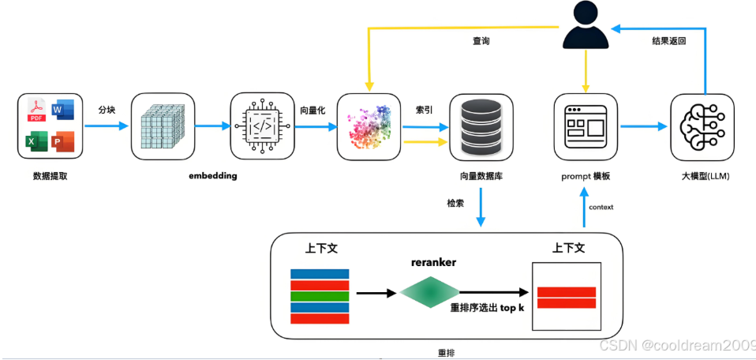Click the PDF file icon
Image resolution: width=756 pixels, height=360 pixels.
click(36, 110)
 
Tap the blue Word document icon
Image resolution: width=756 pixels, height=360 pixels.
click(63, 110)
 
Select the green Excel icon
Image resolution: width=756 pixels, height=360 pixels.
click(36, 142)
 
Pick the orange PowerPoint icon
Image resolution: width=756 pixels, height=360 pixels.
click(62, 142)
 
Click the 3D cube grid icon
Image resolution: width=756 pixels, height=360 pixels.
click(163, 127)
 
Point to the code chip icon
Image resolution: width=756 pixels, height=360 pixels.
click(262, 126)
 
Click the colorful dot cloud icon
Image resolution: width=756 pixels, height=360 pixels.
click(369, 127)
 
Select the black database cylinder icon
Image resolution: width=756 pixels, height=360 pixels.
click(481, 127)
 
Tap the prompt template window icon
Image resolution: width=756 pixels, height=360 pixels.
click(586, 126)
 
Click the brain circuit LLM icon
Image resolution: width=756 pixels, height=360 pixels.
click(702, 127)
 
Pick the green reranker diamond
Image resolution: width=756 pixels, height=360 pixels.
click(429, 292)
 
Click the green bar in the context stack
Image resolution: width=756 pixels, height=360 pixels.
click(320, 296)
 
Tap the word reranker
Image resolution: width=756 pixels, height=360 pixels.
click(434, 263)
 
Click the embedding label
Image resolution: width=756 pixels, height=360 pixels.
click(212, 175)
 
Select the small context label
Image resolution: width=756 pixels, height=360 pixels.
click(601, 207)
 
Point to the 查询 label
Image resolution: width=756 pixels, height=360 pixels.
click(481, 41)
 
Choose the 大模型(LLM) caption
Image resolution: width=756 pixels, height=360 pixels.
click(703, 176)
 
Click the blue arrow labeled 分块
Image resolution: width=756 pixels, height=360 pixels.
click(107, 126)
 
